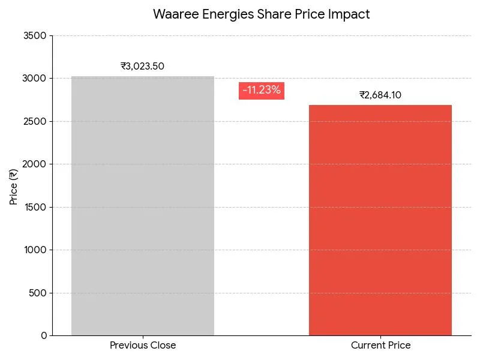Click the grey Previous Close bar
(143, 206)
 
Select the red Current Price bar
(380, 220)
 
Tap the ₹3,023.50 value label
(142, 67)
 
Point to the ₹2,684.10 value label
(380, 95)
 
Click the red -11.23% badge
(262, 91)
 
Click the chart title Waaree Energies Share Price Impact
(261, 14)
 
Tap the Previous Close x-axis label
(143, 346)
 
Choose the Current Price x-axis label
(380, 346)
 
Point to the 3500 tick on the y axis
(35, 36)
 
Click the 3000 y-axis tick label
(35, 79)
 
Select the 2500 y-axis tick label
(35, 122)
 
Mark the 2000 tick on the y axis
(35, 164)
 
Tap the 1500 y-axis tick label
(35, 208)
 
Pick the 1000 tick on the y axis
(35, 250)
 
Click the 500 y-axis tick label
(37, 293)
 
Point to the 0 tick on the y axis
(44, 336)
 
